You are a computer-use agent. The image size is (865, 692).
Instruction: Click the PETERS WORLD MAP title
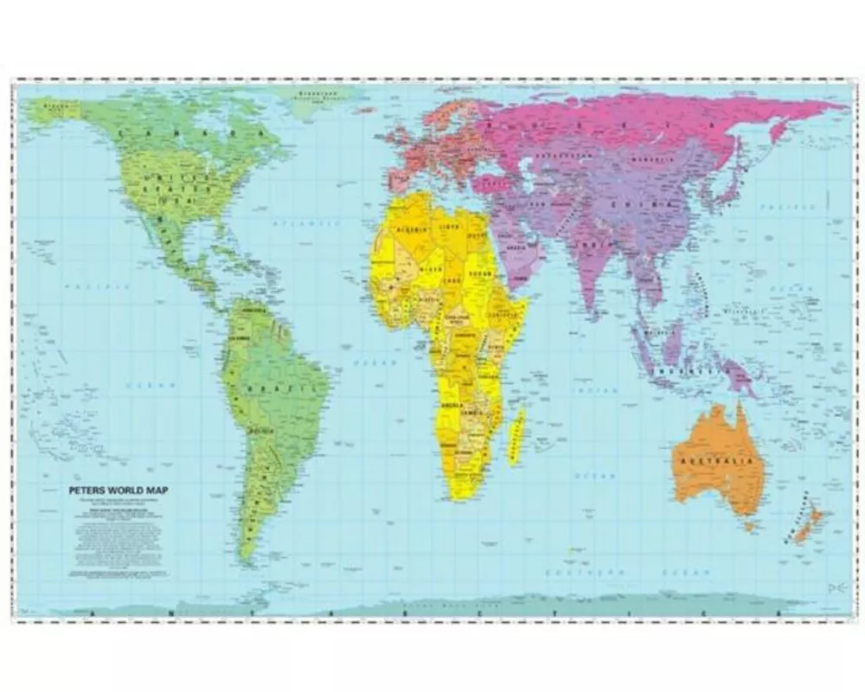coord(119,490)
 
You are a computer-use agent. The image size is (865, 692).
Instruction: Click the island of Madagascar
coord(516,436)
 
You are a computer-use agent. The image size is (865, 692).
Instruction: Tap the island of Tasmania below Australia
coord(750,525)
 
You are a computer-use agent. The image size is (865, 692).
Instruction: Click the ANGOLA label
coord(452,405)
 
